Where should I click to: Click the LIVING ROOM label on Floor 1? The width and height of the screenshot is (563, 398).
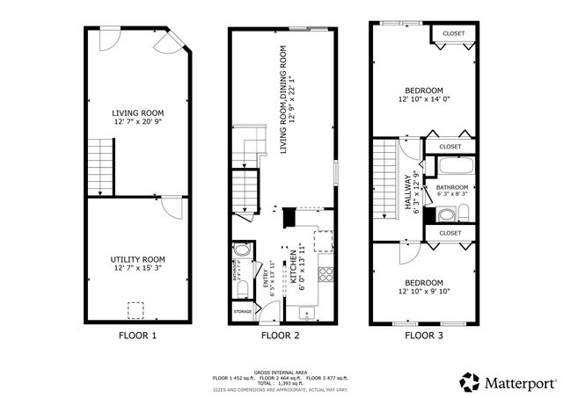[x=138, y=112]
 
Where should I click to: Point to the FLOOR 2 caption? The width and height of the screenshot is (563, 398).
[x=281, y=335]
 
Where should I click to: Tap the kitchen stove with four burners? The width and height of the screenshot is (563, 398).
[x=325, y=272]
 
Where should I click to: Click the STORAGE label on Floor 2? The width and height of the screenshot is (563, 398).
[x=243, y=312]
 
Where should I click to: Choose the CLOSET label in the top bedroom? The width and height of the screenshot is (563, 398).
[x=453, y=33]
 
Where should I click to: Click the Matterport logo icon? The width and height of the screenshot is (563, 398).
[x=471, y=381]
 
